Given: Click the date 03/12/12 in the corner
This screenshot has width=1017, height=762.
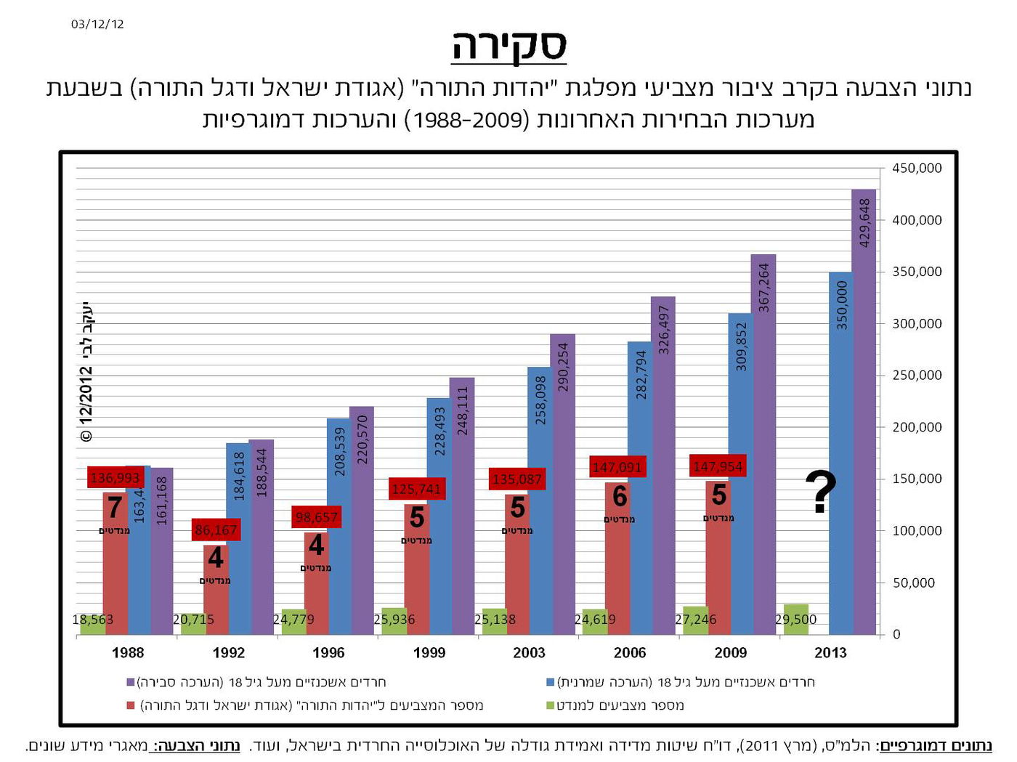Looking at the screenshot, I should [97, 24].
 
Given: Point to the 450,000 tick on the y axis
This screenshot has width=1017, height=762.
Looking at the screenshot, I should [916, 168].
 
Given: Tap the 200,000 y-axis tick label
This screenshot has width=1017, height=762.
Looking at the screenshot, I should [916, 427].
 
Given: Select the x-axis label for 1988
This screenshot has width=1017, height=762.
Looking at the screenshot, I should [128, 652].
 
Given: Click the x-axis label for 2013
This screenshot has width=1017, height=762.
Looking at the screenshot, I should [830, 652].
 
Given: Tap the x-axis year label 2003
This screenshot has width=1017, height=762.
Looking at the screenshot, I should [529, 652].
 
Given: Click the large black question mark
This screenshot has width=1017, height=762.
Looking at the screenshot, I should [821, 493].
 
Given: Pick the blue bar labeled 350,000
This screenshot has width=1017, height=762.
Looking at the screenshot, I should [840, 450].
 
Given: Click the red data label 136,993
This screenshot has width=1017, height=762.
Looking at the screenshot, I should [115, 477].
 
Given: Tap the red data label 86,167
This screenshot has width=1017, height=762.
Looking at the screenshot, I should [216, 530].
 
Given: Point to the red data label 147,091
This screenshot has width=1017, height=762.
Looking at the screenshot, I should [617, 466].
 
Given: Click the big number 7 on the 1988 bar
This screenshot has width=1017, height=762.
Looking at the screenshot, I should [115, 508].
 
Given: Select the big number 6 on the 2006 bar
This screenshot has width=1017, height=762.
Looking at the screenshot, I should [619, 497].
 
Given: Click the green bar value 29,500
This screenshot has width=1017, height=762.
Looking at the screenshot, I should [795, 619].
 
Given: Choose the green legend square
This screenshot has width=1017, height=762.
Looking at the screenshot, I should [551, 705].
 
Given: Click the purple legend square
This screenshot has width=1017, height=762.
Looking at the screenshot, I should [131, 682].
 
